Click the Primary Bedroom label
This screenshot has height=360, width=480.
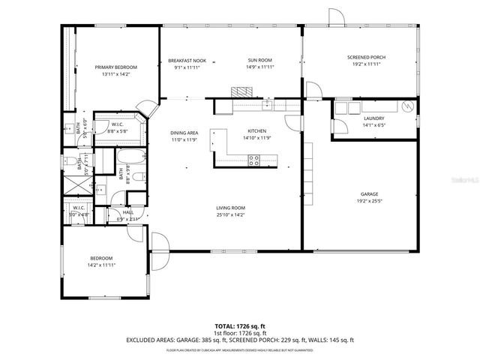point(115,67)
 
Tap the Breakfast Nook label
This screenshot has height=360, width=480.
point(187,60)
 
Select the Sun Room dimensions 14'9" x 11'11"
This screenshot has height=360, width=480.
point(259,67)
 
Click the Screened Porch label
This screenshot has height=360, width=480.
point(366,58)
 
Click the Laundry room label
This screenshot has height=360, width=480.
point(374,118)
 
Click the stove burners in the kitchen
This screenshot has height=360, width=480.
point(254,160)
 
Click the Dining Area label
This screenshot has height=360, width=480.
point(183,133)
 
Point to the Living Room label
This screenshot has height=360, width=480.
point(231,208)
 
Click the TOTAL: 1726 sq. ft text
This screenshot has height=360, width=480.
point(239,327)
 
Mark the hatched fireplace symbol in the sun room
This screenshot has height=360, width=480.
point(241,91)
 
